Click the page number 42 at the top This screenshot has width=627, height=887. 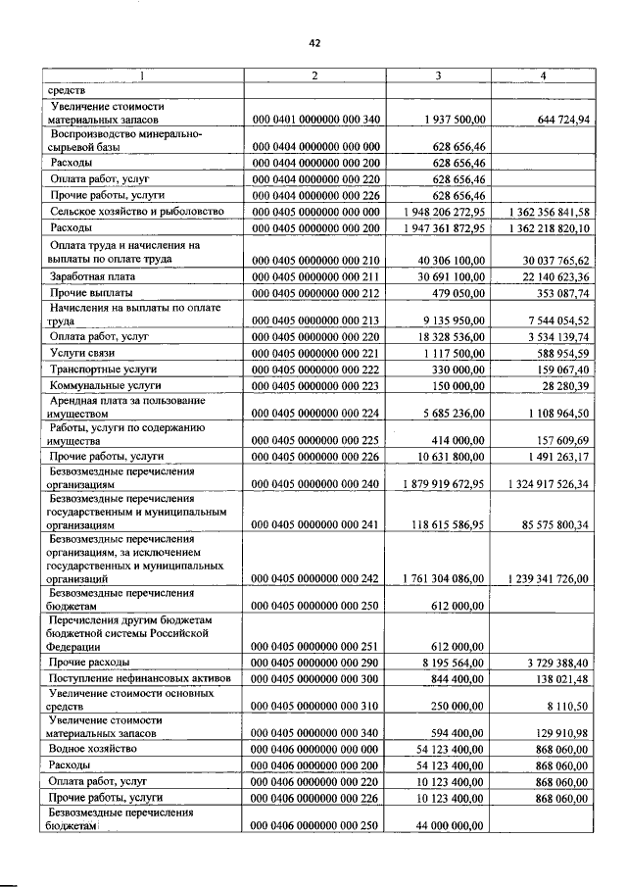(314, 42)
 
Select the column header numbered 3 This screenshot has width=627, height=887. (437, 75)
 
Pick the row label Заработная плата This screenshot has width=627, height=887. (96, 277)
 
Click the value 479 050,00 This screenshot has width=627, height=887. (458, 293)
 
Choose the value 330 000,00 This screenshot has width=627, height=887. (458, 369)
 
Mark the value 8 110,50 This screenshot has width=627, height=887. (562, 706)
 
